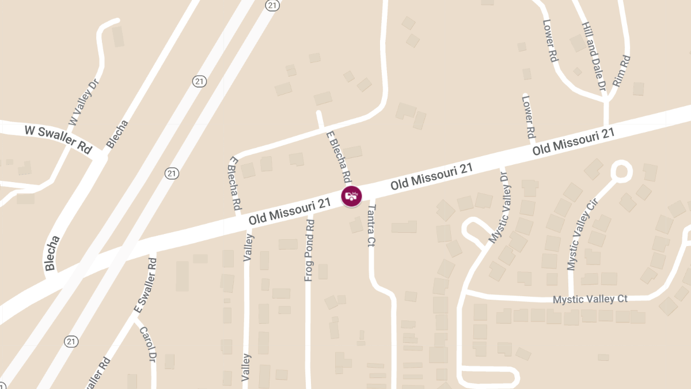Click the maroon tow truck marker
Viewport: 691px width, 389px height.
(x=351, y=197)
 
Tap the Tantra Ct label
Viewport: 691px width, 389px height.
(x=371, y=226)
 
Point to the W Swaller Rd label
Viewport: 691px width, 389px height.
(x=58, y=138)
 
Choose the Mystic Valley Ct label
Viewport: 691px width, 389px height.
(x=590, y=300)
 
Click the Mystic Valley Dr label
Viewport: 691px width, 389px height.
(x=499, y=207)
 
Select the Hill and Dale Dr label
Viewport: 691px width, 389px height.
(x=594, y=58)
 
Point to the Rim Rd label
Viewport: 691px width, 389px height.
(x=622, y=71)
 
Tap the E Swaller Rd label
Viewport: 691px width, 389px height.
(x=146, y=286)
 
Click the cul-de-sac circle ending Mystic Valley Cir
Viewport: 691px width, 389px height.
(x=621, y=171)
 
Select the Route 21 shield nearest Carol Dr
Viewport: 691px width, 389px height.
(x=71, y=342)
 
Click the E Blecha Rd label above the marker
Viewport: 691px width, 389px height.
(x=339, y=156)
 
